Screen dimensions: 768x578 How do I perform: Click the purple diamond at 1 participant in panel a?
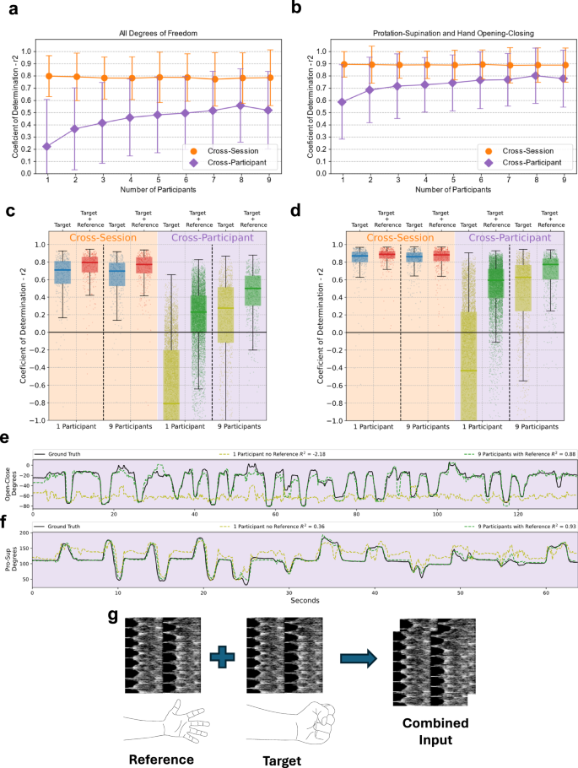coord(47,146)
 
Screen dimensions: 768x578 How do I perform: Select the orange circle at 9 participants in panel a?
coord(268,78)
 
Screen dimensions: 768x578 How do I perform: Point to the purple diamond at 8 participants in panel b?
coord(535,75)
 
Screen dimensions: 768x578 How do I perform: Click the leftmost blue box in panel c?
coord(62,272)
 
